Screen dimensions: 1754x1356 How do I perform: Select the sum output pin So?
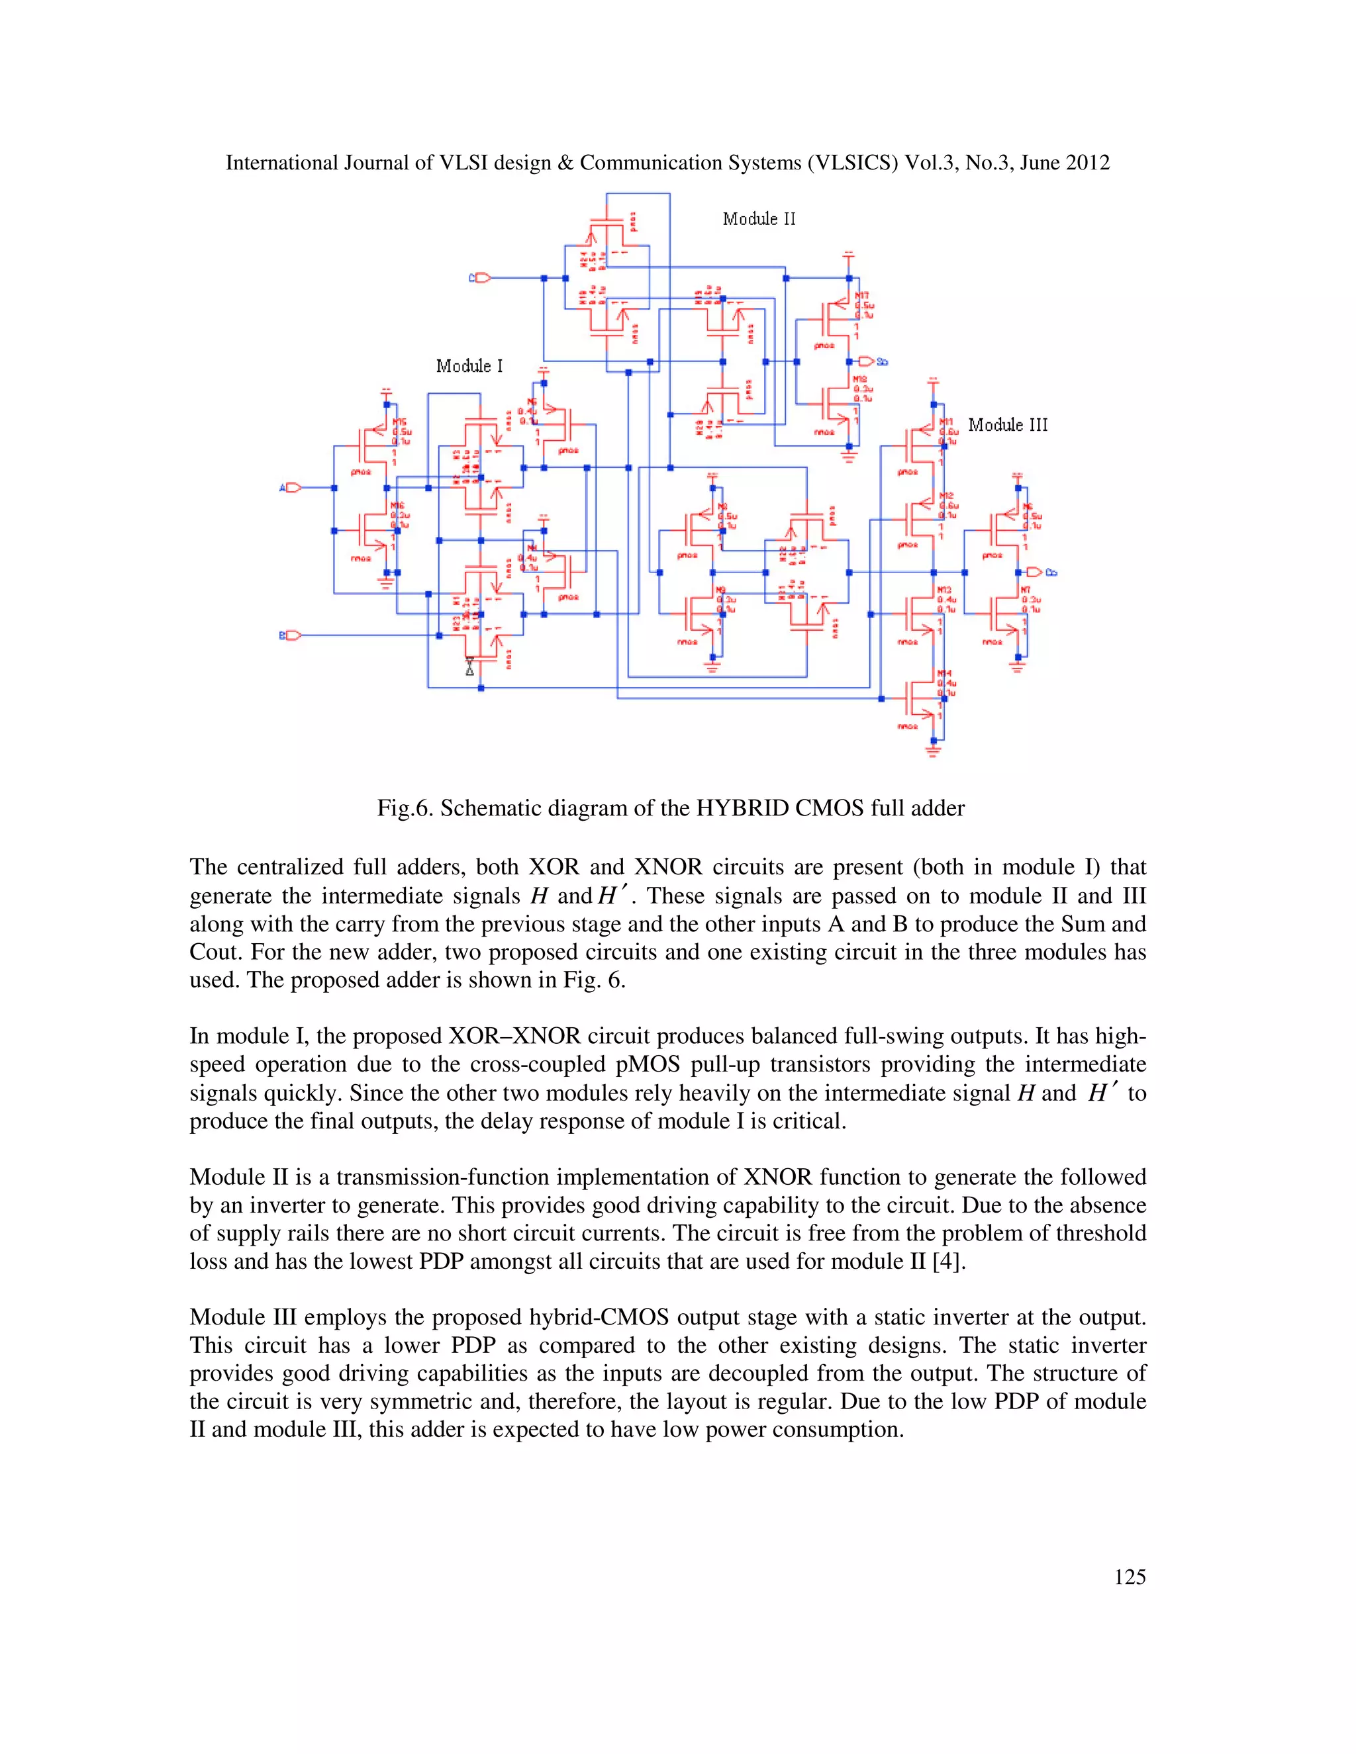coord(867,361)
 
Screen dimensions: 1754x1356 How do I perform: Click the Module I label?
coord(469,366)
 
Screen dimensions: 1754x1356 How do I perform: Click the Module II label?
coord(758,219)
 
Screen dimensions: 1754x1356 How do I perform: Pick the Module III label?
coord(1007,425)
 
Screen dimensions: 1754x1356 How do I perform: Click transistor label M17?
coord(862,296)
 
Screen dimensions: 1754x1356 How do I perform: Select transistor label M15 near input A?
coord(399,422)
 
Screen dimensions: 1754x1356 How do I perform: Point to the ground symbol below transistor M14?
coord(934,752)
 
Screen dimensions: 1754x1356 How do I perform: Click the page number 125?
coord(1130,1577)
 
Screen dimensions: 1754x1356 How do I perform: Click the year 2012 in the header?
coord(1088,163)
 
